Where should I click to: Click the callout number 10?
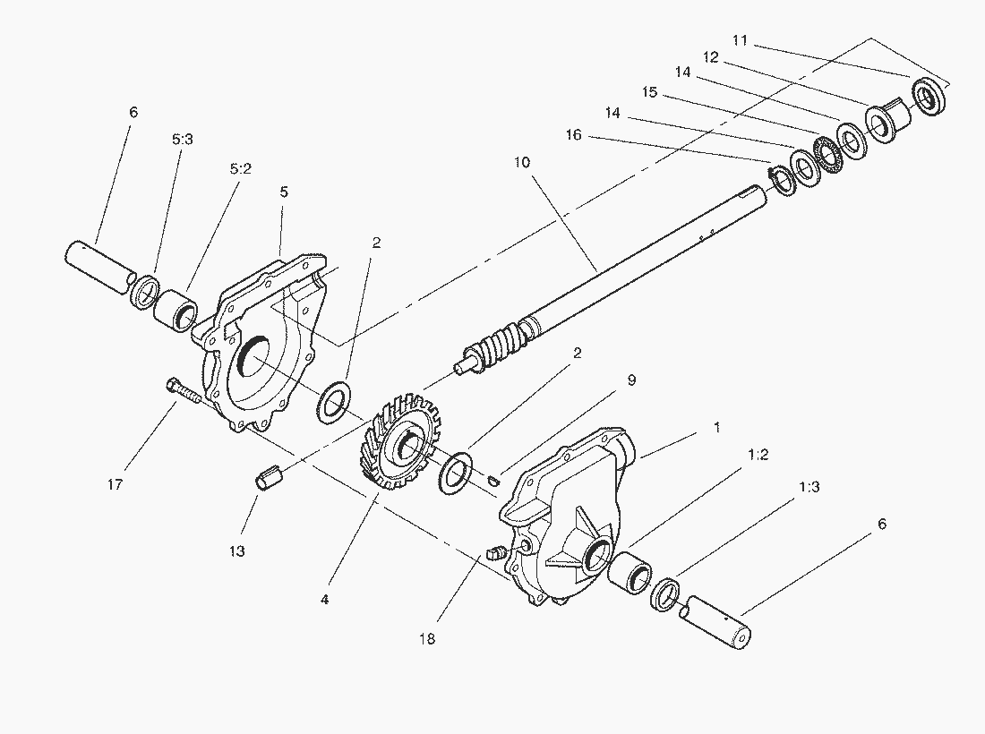522,163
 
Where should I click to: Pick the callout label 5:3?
182,140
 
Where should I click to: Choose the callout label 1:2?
758,455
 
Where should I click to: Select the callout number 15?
650,92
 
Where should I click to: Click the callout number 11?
740,40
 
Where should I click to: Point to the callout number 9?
630,380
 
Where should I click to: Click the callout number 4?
324,600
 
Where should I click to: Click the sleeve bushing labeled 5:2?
176,310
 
